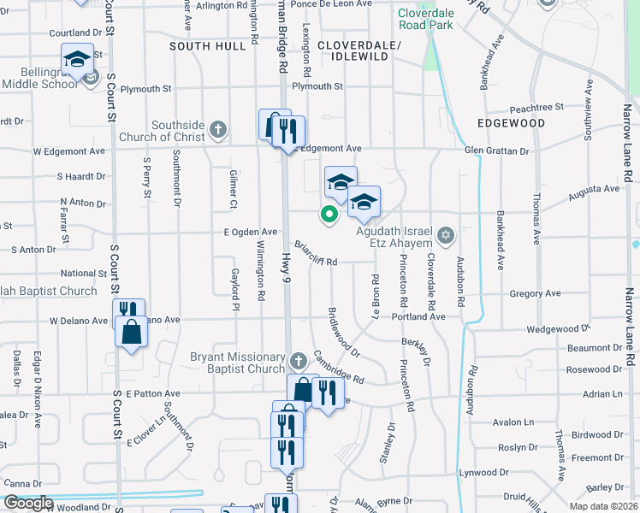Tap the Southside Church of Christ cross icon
pos(218,130)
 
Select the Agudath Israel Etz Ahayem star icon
pos(445,234)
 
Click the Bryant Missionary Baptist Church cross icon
pos(298,361)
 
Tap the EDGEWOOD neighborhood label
pos(512,123)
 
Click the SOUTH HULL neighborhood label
pos(207,46)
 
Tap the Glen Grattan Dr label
pos(497,150)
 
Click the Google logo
pos(27,503)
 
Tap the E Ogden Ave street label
pos(251,232)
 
